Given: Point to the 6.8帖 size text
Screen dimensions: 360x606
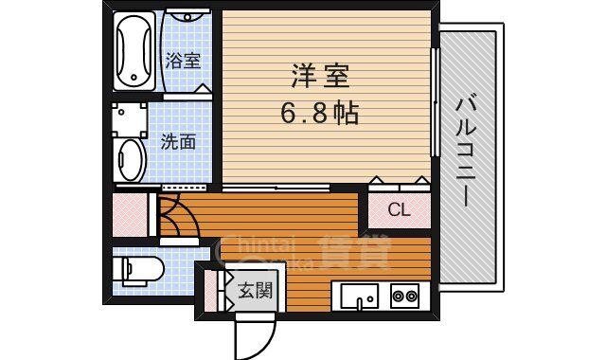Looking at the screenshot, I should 318,114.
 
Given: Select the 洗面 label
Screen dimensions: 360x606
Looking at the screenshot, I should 178,142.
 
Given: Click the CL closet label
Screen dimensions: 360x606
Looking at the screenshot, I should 399,210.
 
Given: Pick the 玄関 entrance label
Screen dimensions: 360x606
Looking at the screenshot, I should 255,290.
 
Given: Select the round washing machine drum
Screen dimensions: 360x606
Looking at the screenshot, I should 131,160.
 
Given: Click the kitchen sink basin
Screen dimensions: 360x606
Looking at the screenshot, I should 359,297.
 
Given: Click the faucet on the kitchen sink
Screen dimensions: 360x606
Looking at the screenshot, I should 360,303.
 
